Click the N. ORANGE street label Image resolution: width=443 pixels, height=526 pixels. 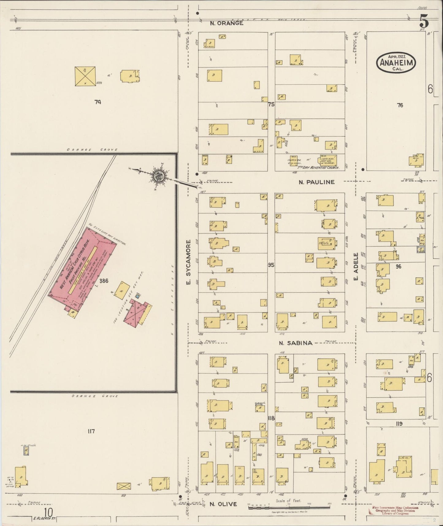[x=227, y=23]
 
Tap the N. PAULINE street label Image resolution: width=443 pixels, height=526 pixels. [x=317, y=182]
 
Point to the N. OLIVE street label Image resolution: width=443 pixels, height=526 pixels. [x=223, y=504]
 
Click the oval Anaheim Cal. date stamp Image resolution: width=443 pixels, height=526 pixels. [x=396, y=63]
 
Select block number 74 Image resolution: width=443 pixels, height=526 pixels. [x=97, y=102]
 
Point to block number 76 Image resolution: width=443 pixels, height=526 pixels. [x=400, y=105]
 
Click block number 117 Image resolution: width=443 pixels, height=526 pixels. [x=91, y=431]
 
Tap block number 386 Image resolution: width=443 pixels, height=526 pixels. [x=103, y=280]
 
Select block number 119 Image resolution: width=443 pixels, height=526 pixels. [x=399, y=424]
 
